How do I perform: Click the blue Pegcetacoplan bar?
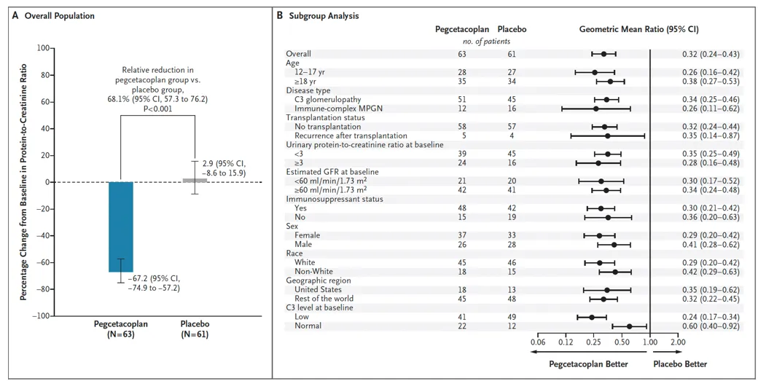tap(121, 227)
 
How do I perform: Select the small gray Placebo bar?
tap(194, 180)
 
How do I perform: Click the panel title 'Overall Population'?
tap(58, 16)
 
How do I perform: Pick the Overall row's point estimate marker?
tap(603, 54)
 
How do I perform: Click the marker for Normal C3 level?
tap(629, 326)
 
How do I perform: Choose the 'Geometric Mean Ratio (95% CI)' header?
tap(638, 30)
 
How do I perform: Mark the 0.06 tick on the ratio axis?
tap(538, 342)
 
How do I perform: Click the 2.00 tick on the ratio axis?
tap(678, 342)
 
